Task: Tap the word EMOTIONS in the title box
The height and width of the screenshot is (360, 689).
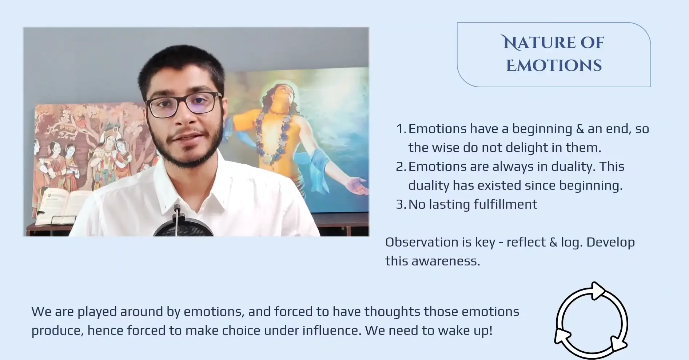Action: tap(554, 66)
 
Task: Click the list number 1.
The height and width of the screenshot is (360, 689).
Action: tap(401, 129)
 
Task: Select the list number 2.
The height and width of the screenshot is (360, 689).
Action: tap(401, 167)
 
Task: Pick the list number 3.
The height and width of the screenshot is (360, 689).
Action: tap(401, 204)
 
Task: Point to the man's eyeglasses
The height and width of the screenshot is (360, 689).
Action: tap(183, 104)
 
